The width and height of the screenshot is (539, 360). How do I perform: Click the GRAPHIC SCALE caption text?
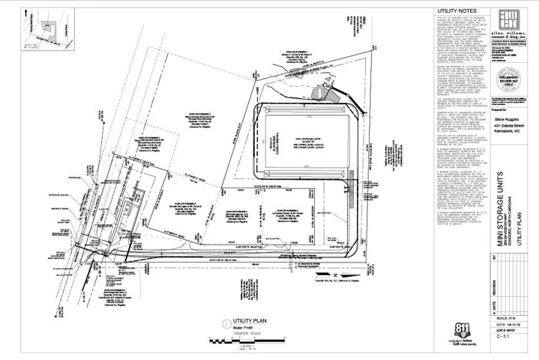243,333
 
